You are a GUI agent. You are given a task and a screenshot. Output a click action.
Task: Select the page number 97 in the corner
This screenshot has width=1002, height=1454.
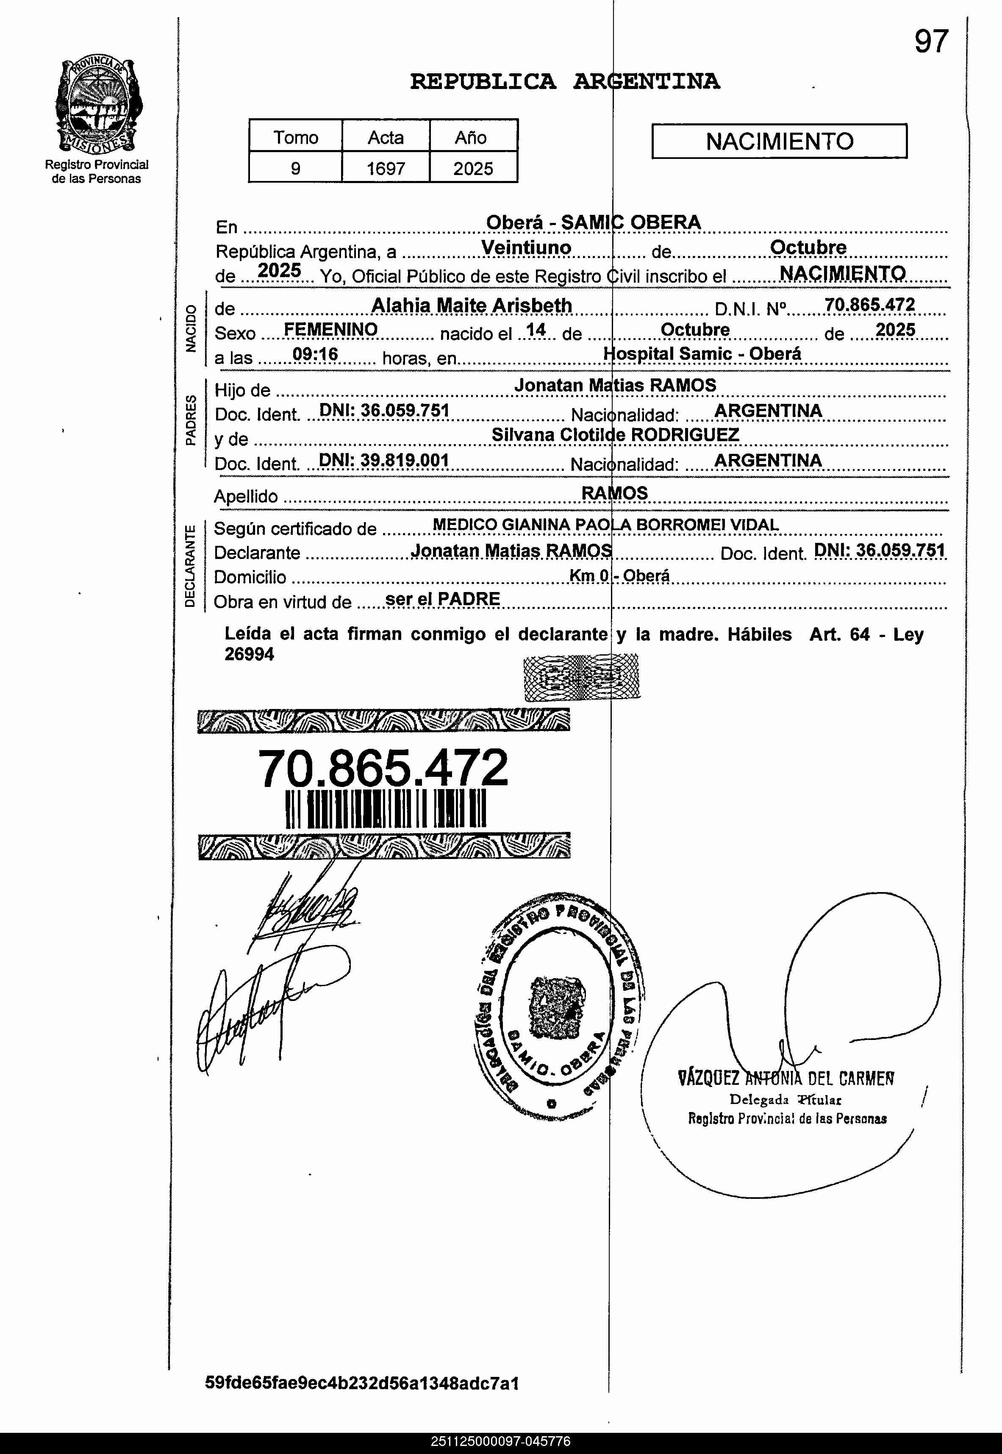coord(930,42)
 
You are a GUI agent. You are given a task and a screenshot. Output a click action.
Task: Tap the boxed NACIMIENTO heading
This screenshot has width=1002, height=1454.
coord(779,141)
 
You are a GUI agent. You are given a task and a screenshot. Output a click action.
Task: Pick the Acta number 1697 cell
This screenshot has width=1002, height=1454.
coord(386,168)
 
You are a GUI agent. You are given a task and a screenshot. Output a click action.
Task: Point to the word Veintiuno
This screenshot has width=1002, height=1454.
coord(526,247)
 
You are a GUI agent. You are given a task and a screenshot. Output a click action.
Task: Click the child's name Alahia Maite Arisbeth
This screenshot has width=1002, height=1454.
coord(472,305)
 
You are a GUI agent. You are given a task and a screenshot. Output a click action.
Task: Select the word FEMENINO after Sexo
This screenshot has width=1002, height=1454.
coord(330,330)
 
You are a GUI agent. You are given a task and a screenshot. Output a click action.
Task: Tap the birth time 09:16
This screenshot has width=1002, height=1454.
coord(315,355)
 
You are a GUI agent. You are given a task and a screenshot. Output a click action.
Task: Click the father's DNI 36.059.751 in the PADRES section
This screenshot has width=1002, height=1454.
coord(384,411)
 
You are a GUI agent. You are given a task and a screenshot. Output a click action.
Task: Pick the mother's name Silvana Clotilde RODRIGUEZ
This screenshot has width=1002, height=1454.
coord(615,434)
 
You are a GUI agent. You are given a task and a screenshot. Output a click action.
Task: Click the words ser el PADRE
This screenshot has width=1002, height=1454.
coord(443,599)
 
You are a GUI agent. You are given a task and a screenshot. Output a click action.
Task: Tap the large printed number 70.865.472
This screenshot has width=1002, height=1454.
coord(383,768)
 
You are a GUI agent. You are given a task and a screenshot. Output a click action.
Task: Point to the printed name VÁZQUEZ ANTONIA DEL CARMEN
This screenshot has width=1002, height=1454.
coord(786,1079)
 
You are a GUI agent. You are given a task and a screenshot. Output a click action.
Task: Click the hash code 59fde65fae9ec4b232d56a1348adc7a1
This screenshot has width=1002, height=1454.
coord(362,1383)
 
